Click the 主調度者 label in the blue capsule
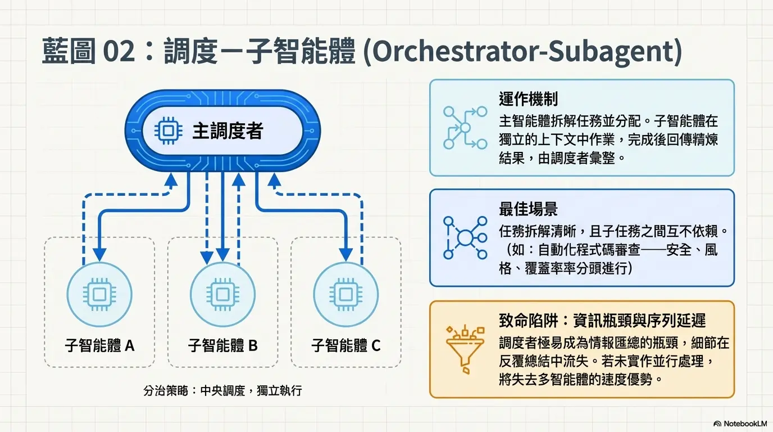(228, 132)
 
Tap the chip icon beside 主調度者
(165, 132)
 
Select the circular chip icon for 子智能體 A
(99, 294)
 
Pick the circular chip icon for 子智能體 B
(223, 294)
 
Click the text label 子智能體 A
(99, 345)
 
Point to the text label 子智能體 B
(223, 345)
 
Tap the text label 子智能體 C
(346, 345)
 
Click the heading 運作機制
(528, 100)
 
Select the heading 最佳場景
(528, 210)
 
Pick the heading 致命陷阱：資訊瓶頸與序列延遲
(602, 321)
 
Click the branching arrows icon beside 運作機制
(465, 128)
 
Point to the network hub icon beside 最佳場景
(465, 238)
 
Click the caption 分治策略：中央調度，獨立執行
(222, 390)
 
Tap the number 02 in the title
(120, 53)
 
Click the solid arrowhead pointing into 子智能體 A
(99, 255)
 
